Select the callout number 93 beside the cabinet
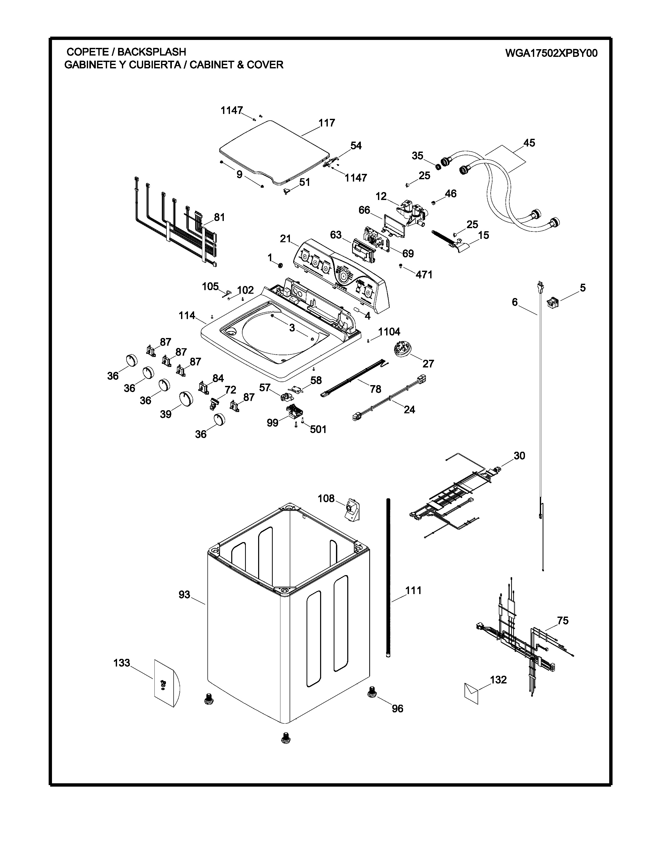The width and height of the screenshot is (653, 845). pos(185,595)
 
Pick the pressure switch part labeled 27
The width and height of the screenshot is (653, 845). pos(401,349)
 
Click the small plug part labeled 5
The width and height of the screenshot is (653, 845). pos(552,302)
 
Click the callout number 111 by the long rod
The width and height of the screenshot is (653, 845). pos(413,590)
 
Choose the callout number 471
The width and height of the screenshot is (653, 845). pos(424,275)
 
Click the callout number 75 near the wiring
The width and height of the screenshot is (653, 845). pos(563,621)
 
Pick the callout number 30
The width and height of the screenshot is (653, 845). pos(519,456)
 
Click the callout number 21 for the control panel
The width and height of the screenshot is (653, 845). pos(286,239)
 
